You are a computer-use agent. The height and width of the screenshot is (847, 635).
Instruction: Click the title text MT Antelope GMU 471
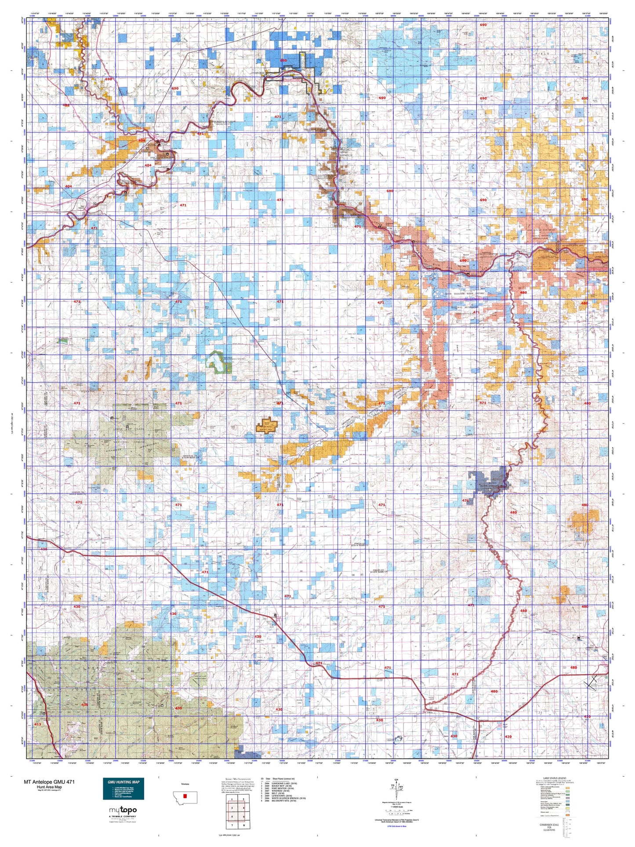(x=49, y=782)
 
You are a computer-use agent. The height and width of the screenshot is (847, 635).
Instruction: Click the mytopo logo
(x=123, y=810)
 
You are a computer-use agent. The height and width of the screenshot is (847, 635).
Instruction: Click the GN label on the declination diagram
(x=398, y=780)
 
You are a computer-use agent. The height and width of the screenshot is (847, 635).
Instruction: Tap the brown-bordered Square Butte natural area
(x=266, y=425)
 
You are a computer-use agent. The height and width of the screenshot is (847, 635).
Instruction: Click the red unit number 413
(x=37, y=724)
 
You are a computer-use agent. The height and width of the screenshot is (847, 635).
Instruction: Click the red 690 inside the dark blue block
(x=283, y=61)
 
